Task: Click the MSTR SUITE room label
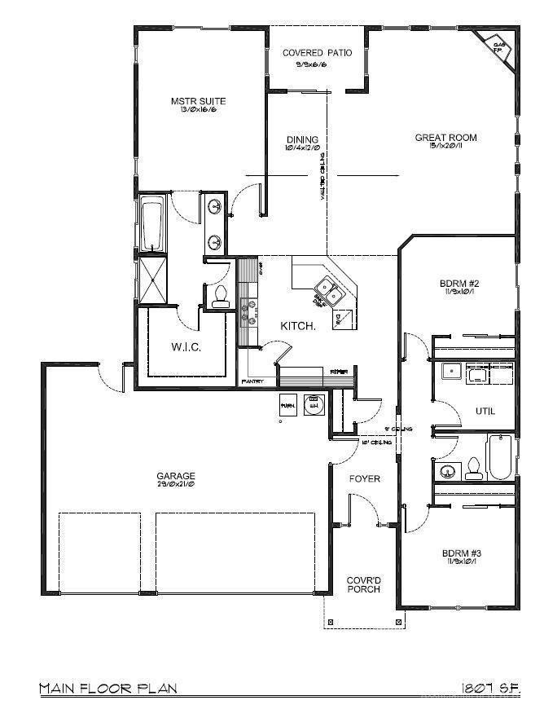pos(198,101)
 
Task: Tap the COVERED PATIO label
pos(318,53)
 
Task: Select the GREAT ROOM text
pos(445,138)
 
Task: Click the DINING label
pos(302,139)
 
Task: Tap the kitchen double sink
pos(329,287)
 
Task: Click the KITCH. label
pos(298,325)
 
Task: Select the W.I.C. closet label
pos(186,347)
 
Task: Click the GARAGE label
pos(176,476)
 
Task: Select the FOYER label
pos(365,478)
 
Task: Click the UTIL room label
pos(485,412)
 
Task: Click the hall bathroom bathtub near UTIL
pos(498,457)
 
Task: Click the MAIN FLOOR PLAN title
pos(107,689)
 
